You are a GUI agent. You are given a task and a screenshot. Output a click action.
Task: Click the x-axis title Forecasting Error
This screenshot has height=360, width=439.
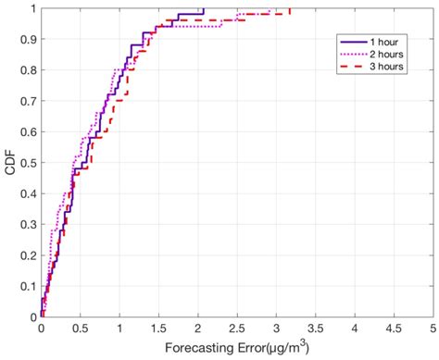tap(236, 350)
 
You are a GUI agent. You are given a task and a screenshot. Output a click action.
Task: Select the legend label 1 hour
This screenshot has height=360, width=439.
tap(385, 42)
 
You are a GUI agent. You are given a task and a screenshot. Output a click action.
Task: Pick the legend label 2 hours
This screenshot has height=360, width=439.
tap(387, 54)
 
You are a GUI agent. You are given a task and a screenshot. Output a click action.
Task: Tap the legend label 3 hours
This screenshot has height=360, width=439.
tap(387, 67)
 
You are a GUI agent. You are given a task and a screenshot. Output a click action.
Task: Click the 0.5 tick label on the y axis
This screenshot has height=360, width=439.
tap(29, 164)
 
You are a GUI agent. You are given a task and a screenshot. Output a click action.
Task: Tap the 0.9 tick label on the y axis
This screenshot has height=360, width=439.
tap(29, 40)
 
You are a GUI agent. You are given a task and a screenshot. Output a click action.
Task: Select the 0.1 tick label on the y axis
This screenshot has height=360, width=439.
tap(29, 287)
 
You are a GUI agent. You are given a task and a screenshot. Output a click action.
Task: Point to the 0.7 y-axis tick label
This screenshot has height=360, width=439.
tap(29, 102)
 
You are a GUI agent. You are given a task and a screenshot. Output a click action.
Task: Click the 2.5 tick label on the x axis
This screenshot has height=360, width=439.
tap(237, 329)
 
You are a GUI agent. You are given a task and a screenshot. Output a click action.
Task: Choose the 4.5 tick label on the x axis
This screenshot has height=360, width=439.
tap(394, 329)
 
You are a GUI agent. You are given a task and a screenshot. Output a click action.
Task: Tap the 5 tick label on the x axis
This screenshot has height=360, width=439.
tap(433, 329)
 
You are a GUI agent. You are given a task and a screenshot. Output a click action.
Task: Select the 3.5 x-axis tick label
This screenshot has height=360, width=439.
tap(315, 329)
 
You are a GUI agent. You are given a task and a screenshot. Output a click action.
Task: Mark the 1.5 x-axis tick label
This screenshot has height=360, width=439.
tap(158, 329)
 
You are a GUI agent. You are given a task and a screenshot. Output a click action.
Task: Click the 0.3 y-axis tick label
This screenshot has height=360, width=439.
tap(29, 225)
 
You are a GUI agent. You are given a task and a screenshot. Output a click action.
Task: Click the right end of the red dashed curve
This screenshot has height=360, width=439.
tap(290, 9)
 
